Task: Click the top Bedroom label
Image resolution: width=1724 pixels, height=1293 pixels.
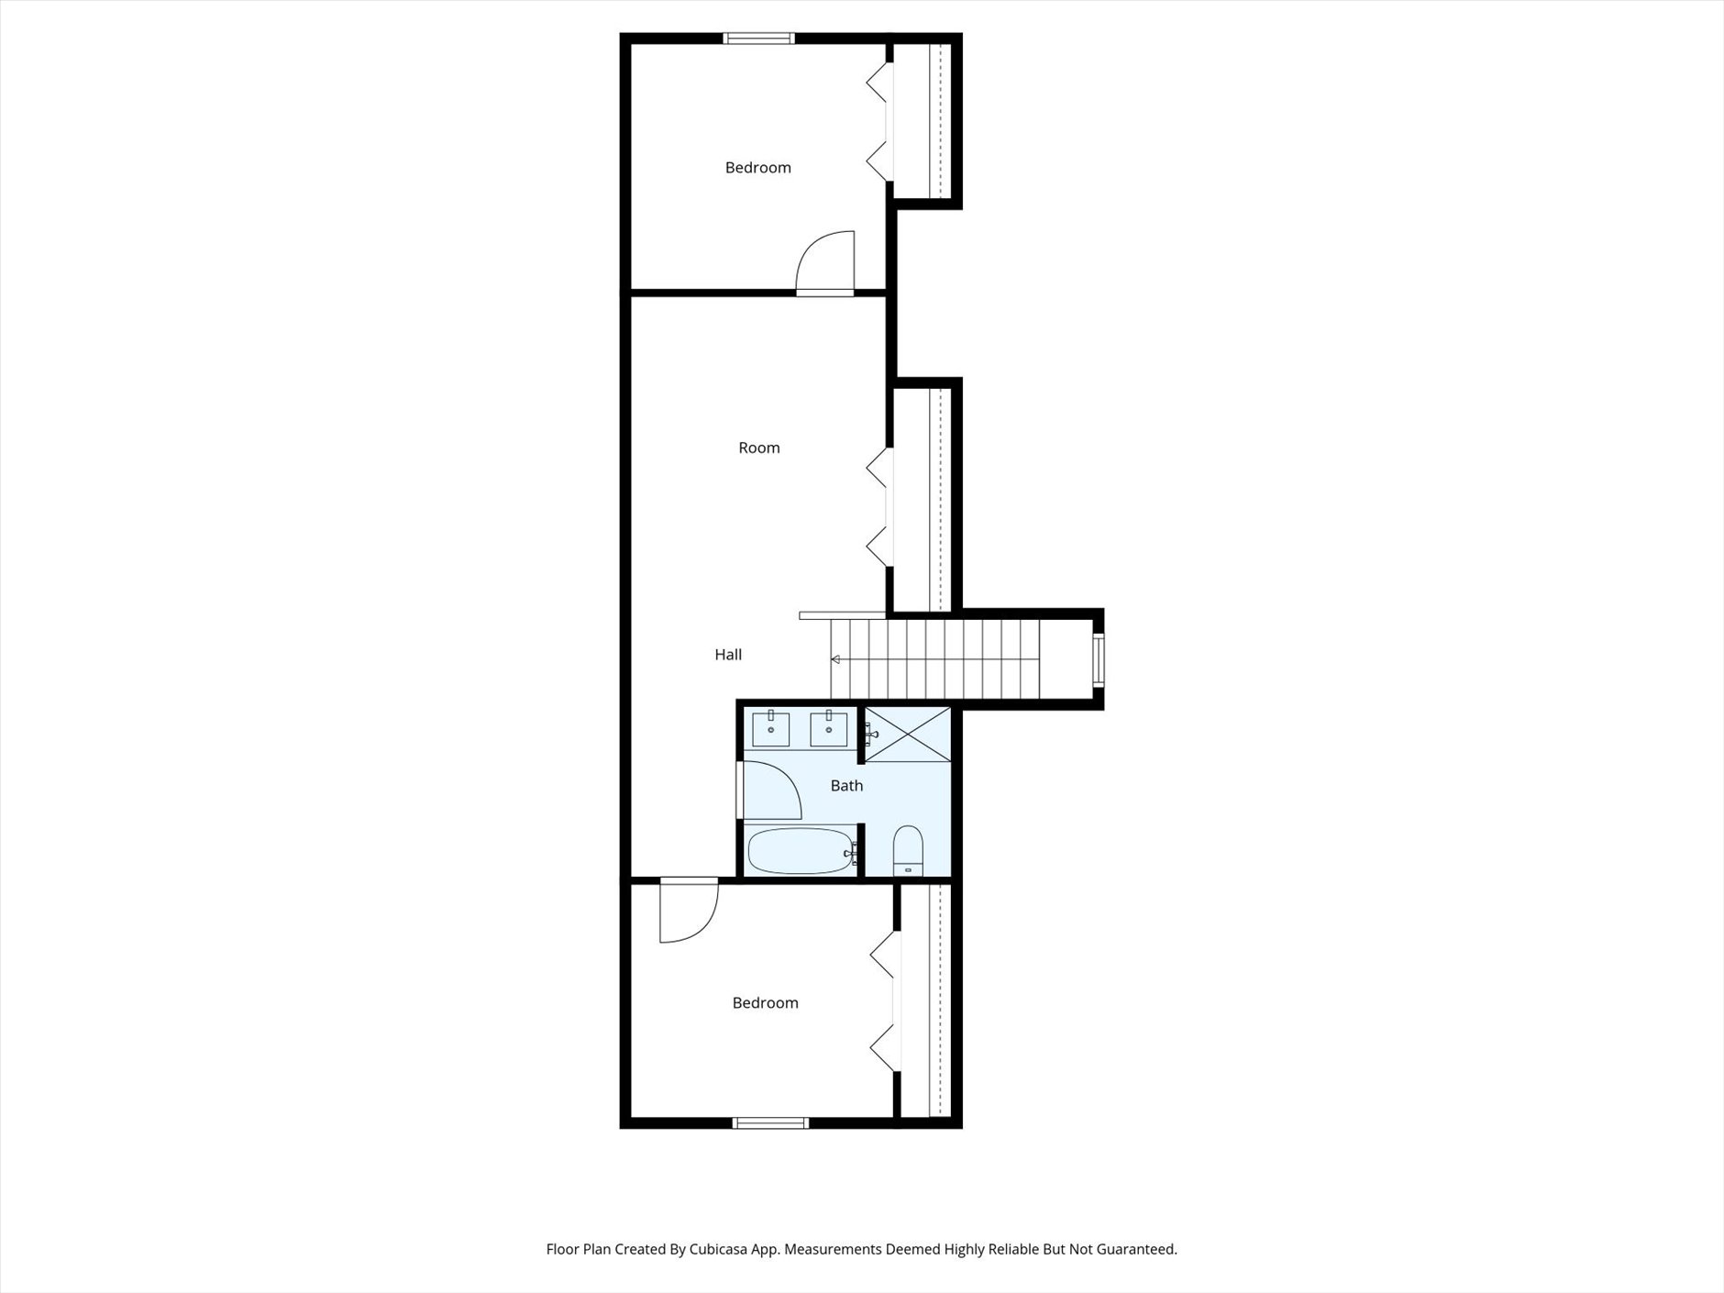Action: (757, 168)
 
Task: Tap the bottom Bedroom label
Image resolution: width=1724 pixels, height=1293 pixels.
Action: (765, 1003)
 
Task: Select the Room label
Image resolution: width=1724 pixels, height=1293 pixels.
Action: (759, 448)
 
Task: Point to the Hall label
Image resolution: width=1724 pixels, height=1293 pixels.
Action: (728, 655)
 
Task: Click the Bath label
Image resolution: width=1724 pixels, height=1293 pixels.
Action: (846, 786)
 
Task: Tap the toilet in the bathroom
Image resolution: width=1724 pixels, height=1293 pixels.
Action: (908, 850)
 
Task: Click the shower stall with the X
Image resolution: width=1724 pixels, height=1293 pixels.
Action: (908, 734)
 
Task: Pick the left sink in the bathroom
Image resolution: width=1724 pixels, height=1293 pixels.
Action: (771, 729)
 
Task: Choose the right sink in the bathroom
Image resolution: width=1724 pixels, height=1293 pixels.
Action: (828, 729)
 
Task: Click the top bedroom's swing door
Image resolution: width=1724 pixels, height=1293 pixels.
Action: (827, 262)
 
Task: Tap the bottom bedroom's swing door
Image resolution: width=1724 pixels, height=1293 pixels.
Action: (686, 910)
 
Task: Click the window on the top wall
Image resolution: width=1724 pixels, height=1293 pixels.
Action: (758, 39)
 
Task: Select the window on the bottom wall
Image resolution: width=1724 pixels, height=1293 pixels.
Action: (770, 1122)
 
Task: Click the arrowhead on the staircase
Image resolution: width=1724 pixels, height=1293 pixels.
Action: (835, 659)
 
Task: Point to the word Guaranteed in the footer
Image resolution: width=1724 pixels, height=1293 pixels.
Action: (1137, 1249)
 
